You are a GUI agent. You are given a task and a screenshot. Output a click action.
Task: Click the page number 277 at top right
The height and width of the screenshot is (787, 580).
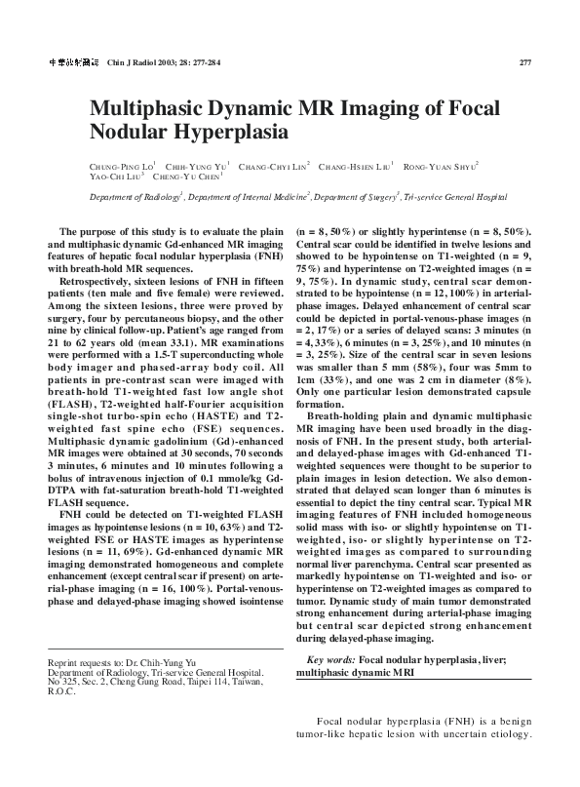pos(523,62)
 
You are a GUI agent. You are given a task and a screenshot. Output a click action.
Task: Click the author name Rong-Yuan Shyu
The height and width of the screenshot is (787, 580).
pos(440,167)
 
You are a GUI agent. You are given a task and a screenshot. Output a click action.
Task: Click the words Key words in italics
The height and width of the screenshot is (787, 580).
pos(329,660)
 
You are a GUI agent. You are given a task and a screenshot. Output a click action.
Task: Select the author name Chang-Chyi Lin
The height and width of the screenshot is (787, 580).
pos(273,167)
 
